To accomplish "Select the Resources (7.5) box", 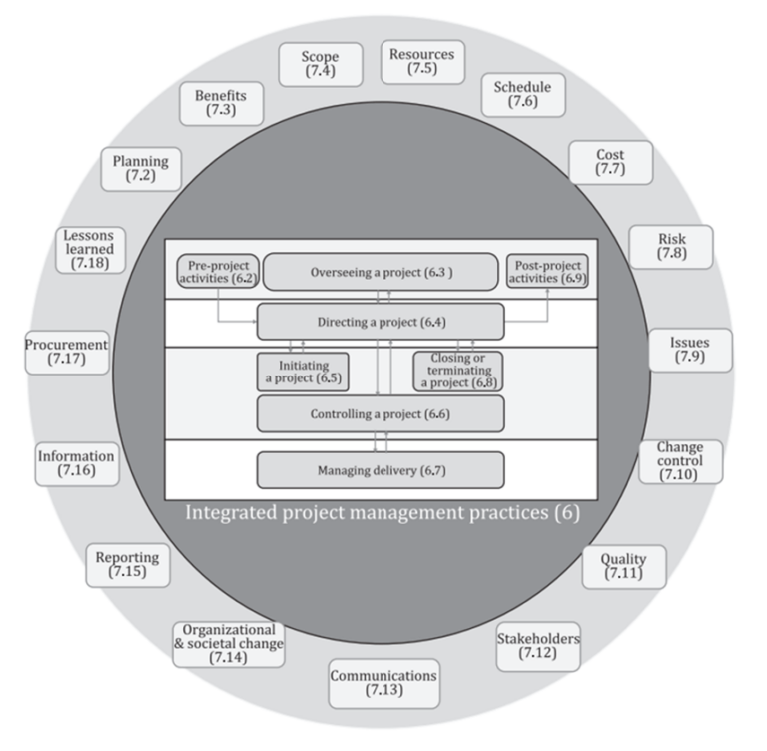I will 422,62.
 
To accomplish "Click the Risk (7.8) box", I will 671,246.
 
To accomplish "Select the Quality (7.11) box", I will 624,566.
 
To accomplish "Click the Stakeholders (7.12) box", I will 538,646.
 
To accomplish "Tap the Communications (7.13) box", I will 383,683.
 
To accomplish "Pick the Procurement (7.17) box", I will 67,352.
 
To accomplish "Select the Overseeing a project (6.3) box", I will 380,272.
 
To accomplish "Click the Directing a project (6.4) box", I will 380,322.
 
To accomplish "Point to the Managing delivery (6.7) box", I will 380,469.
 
